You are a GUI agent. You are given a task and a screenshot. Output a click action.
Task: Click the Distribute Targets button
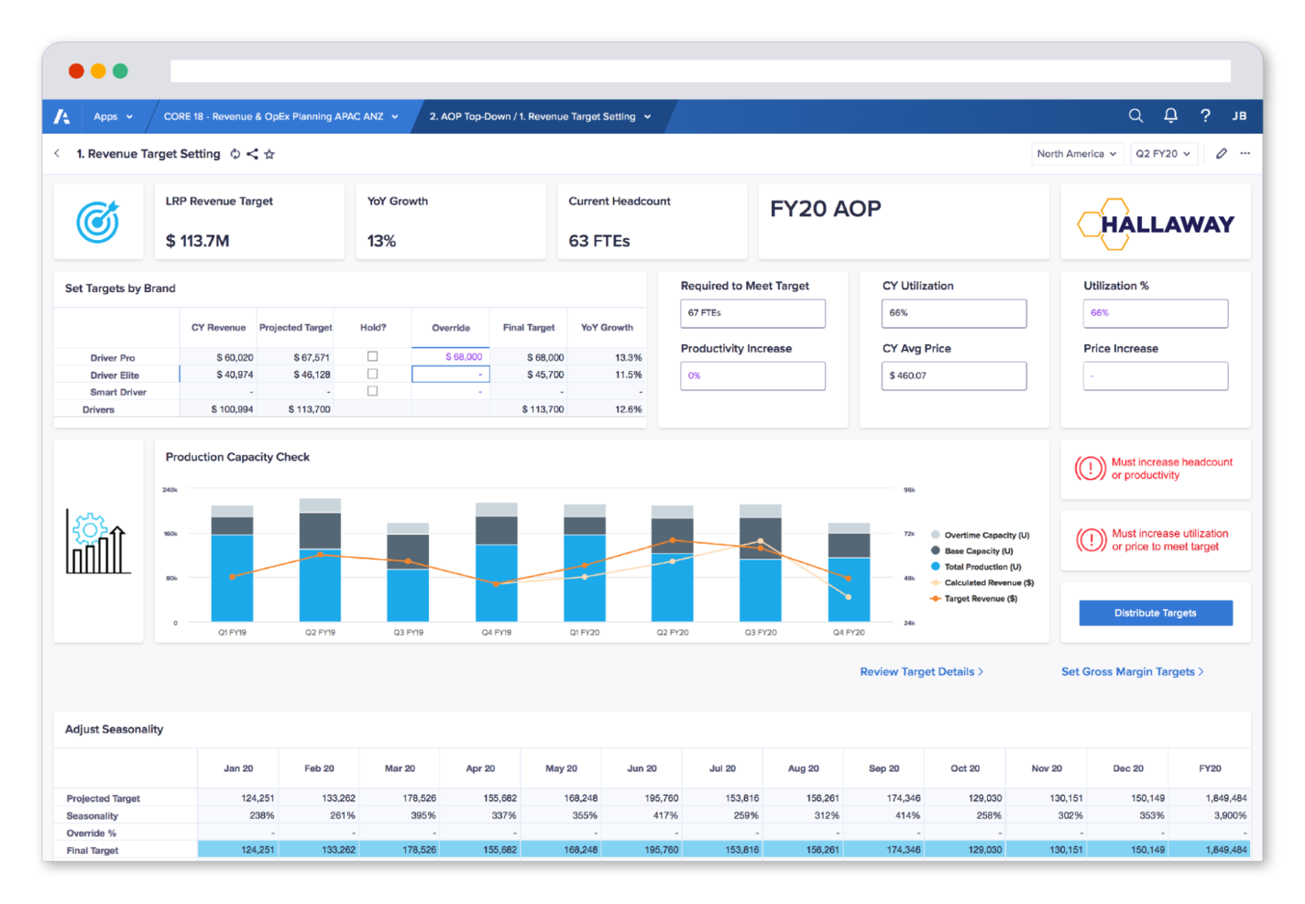coord(1155,613)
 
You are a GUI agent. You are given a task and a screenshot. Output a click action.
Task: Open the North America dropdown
coord(1076,154)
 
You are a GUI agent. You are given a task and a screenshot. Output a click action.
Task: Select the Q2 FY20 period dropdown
coord(1162,154)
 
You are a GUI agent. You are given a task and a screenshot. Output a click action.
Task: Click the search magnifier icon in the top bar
coord(1135,115)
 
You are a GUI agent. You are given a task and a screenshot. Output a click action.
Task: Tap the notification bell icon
coord(1170,115)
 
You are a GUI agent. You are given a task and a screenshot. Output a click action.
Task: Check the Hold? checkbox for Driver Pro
coord(372,356)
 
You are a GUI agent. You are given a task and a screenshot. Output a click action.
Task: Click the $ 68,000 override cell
coord(451,357)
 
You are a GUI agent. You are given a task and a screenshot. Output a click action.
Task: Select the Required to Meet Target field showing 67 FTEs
coord(752,313)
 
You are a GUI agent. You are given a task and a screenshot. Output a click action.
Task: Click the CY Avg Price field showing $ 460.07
coord(953,376)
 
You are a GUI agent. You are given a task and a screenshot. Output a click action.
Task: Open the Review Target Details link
coord(920,671)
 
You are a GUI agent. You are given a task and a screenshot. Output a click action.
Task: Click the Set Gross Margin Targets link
coord(1131,671)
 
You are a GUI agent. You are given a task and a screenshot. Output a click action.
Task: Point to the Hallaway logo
coord(1155,223)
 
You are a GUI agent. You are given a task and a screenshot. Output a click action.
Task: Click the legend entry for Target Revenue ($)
coord(980,598)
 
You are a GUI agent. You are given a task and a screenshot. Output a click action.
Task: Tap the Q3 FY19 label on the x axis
coord(408,632)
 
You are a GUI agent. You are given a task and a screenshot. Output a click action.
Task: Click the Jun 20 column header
coord(642,768)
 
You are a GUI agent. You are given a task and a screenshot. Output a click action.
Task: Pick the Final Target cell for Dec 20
coord(1127,850)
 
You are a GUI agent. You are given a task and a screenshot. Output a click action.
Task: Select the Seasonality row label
coord(93,815)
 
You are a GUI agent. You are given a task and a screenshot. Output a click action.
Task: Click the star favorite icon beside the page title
coord(269,154)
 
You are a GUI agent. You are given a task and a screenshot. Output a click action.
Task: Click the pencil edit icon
coord(1221,154)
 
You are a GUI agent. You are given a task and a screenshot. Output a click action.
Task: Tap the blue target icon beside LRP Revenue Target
coord(98,222)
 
